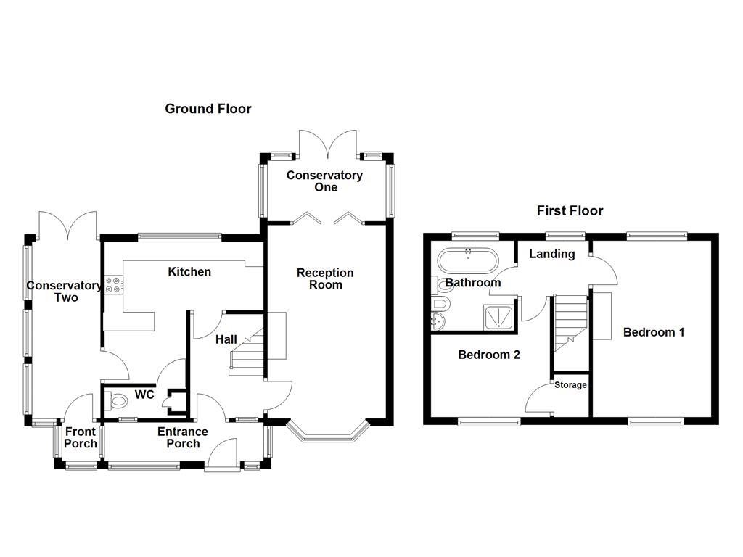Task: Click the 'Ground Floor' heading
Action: pyautogui.click(x=208, y=109)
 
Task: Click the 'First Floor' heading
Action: pyautogui.click(x=570, y=211)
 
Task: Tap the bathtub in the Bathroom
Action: pyautogui.click(x=468, y=260)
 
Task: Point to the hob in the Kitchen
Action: pyautogui.click(x=112, y=285)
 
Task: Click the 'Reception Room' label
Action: pyautogui.click(x=325, y=278)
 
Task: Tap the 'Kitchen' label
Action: pyautogui.click(x=189, y=272)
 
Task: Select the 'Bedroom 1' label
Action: pyautogui.click(x=654, y=332)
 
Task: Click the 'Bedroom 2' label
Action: pyautogui.click(x=488, y=355)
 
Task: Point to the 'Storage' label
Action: pyautogui.click(x=570, y=385)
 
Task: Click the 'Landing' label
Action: pyautogui.click(x=551, y=254)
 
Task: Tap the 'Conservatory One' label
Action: pyautogui.click(x=324, y=181)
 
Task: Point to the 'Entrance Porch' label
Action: pyautogui.click(x=183, y=437)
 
